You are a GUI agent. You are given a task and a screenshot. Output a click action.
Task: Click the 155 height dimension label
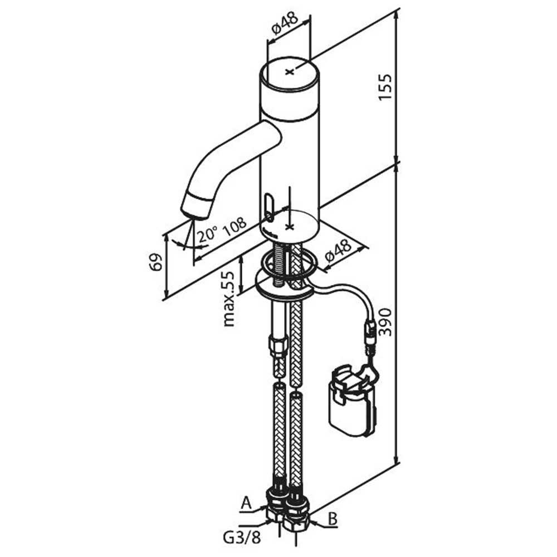click(x=385, y=87)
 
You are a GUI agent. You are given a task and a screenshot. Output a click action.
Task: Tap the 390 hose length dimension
click(x=385, y=322)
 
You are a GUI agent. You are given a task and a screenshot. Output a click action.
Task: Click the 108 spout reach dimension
click(x=234, y=226)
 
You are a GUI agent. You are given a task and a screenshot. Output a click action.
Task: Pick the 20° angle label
click(x=208, y=234)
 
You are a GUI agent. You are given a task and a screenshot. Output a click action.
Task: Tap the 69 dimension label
click(x=155, y=262)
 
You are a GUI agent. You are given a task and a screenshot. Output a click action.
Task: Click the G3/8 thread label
click(x=242, y=538)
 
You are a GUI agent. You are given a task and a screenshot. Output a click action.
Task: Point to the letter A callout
click(x=246, y=503)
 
